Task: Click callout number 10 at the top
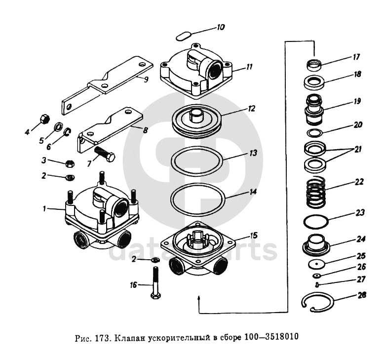(220, 28)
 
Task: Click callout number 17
(355, 57)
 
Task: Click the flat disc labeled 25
(316, 264)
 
